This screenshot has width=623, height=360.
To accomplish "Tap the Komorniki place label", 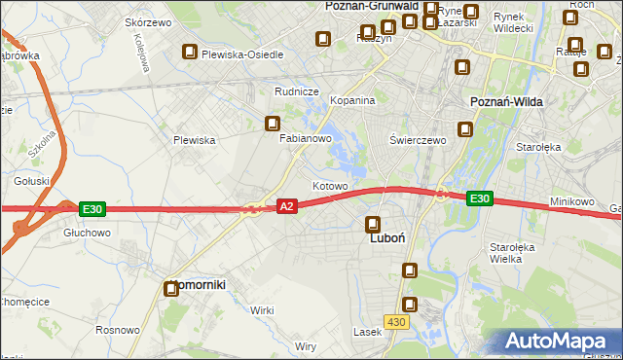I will tap(199, 285).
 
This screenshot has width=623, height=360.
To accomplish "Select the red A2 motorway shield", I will tap(286, 206).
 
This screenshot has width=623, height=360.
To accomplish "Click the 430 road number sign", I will tap(396, 321).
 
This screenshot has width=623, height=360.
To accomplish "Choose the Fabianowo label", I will tap(307, 139).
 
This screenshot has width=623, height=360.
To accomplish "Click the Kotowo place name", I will tap(329, 185).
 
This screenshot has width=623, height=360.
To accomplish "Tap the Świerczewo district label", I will tap(417, 140).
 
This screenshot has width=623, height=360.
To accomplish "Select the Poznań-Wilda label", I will tap(506, 101).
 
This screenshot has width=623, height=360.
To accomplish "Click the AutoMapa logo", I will tap(559, 342).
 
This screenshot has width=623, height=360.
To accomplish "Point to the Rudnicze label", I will tap(297, 91).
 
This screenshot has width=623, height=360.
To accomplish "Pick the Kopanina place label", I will tap(352, 100).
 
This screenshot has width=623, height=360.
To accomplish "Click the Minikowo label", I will tap(571, 201).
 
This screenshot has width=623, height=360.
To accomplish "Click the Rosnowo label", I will tap(117, 331).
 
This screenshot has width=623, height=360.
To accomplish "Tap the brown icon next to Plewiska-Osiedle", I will tap(189, 54).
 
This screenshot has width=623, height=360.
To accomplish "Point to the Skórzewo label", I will tap(148, 21).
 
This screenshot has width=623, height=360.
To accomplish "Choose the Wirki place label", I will tap(261, 309).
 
